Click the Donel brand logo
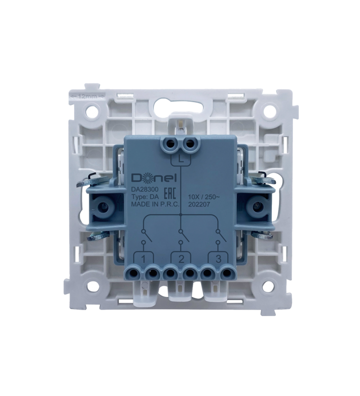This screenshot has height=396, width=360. pyautogui.click(x=153, y=179)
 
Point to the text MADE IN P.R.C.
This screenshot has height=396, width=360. pyautogui.click(x=155, y=205)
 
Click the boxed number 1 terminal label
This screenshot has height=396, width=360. pyautogui.click(x=144, y=259)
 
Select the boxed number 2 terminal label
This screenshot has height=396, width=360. pyautogui.click(x=181, y=259)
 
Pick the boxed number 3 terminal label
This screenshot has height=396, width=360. pyautogui.click(x=218, y=259)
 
